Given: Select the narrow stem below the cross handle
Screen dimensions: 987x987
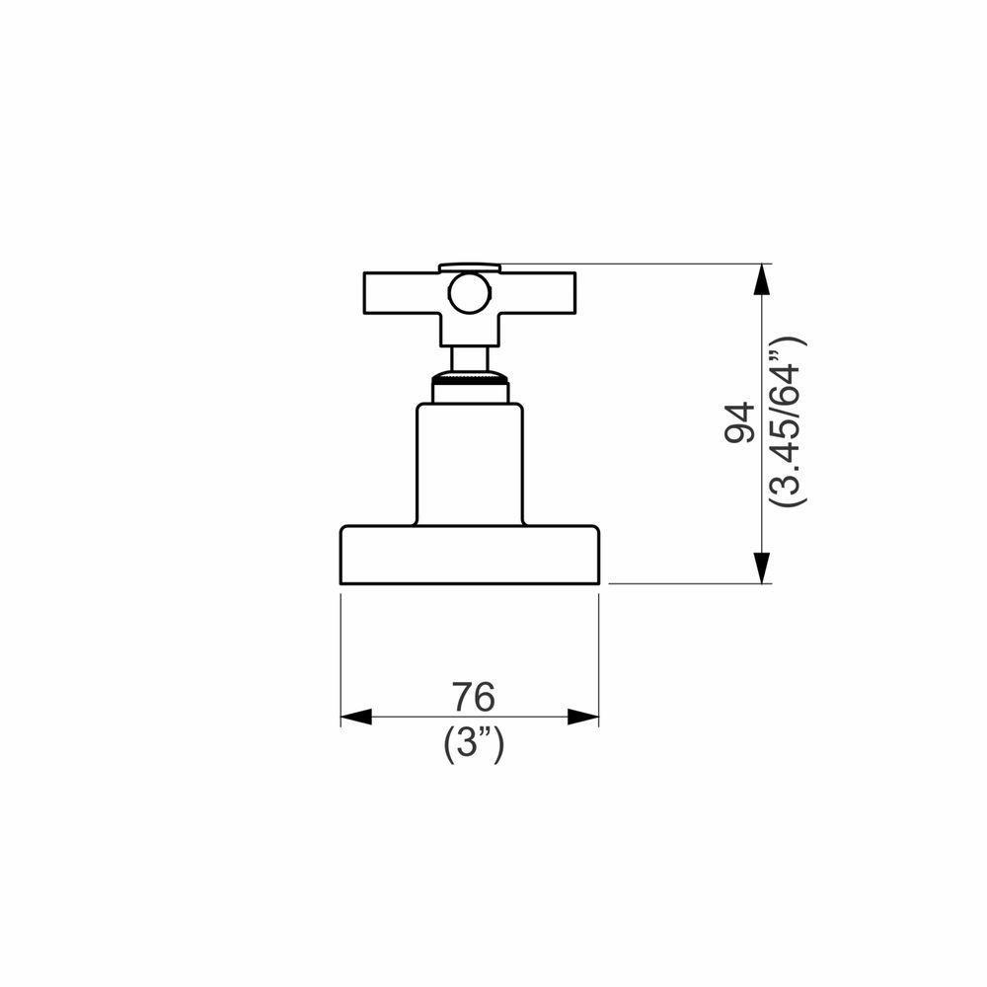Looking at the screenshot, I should point(469,357).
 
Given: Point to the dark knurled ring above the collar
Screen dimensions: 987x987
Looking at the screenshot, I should point(470,378).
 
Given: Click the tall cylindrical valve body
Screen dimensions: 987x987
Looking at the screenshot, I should point(469,464).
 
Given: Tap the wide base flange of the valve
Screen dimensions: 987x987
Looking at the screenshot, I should point(470,555).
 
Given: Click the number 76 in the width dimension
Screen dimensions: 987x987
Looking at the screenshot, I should point(473,697).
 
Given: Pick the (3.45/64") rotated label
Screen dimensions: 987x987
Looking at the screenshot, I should point(790,422).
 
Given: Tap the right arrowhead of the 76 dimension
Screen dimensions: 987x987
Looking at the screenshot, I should point(584,718).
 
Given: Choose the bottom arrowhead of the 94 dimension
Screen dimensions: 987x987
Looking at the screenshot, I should point(761,567).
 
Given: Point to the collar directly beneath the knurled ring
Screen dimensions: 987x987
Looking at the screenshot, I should point(470,392).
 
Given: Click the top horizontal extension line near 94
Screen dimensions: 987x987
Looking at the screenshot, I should point(632,264).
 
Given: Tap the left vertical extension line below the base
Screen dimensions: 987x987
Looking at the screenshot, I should point(341,651).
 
